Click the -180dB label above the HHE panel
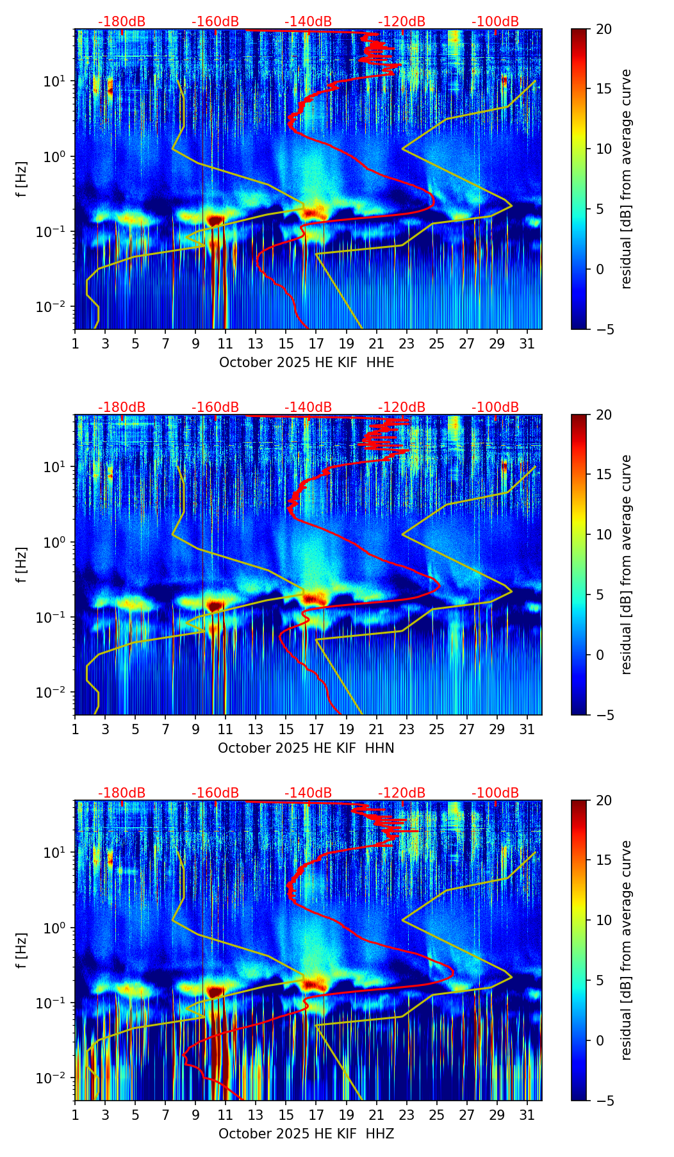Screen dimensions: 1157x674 pos(122,22)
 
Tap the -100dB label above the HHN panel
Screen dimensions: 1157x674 pos(495,407)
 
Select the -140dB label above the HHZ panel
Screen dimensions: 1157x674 pos(308,793)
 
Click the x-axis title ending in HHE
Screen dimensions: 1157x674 pos(306,363)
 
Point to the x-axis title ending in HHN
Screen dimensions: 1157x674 pos(306,748)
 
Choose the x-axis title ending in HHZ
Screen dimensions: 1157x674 pos(306,1134)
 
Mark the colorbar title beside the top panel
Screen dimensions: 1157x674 pos(626,179)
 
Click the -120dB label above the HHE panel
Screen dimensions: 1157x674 pos(402,22)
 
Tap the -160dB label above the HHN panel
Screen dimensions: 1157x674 pos(215,407)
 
